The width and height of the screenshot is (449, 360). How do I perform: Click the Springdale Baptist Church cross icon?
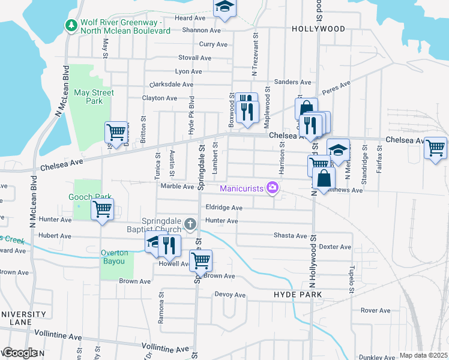pyautogui.click(x=190, y=224)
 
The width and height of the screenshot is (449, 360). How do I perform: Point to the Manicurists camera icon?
pyautogui.click(x=273, y=188)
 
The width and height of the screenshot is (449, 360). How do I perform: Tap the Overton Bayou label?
pyautogui.click(x=113, y=257)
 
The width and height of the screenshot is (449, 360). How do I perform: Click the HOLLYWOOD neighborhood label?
pyautogui.click(x=318, y=29)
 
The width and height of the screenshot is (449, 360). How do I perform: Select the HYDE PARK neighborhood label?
pyautogui.click(x=298, y=295)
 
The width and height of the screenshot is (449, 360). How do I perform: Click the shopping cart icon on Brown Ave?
pyautogui.click(x=200, y=260)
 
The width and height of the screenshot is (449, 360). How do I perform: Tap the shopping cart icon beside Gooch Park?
pyautogui.click(x=103, y=209)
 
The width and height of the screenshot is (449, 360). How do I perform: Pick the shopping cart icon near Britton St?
pyautogui.click(x=115, y=131)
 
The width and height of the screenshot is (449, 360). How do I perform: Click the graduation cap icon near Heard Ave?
pyautogui.click(x=225, y=7)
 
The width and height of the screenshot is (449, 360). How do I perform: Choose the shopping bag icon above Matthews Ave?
pyautogui.click(x=324, y=178)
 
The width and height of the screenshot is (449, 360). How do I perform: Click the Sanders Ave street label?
pyautogui.click(x=292, y=82)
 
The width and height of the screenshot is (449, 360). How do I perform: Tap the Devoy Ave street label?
pyautogui.click(x=231, y=295)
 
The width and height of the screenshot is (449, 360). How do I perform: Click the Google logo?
pyautogui.click(x=20, y=353)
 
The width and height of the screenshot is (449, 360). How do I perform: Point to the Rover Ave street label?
pyautogui.click(x=376, y=310)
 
